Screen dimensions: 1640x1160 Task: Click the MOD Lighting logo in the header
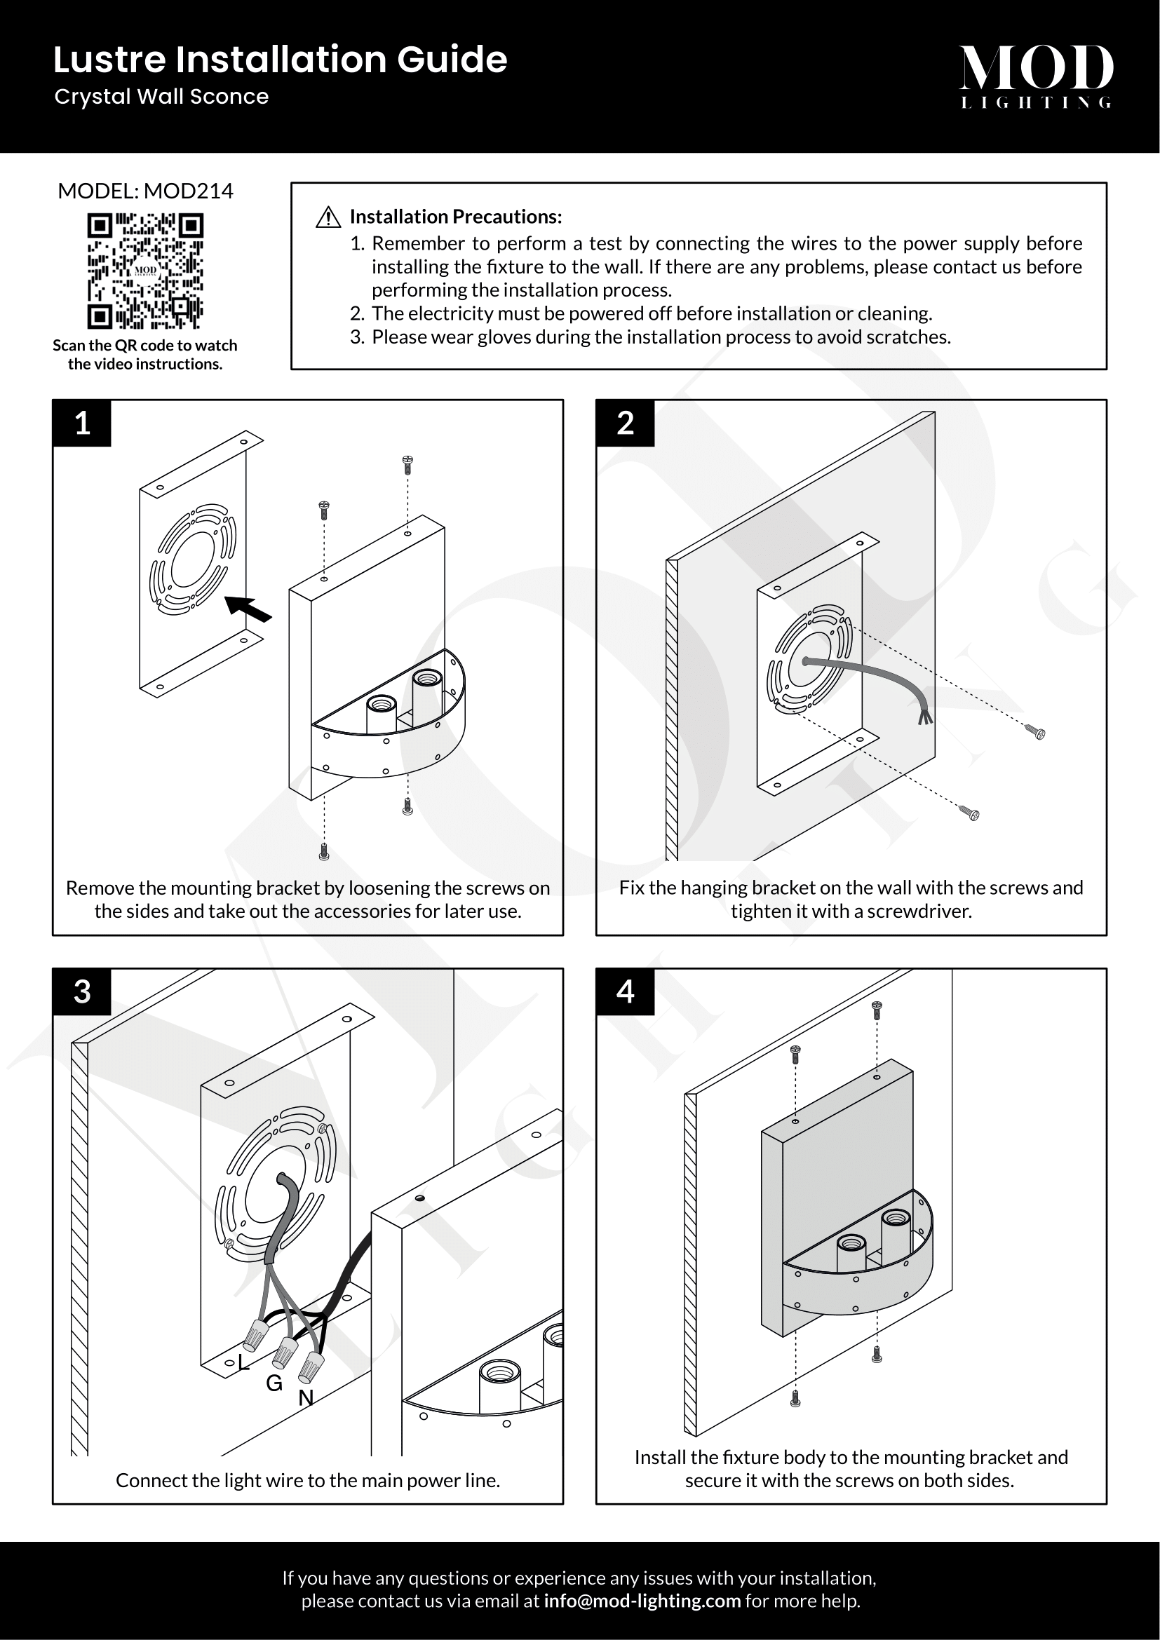tap(1036, 76)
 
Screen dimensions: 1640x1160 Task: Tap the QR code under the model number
tap(145, 271)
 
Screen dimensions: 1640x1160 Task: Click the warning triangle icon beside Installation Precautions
tap(328, 217)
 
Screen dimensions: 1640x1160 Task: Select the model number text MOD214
tap(188, 191)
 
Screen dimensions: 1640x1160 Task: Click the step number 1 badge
tap(82, 423)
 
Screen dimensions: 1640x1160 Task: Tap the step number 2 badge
tap(625, 423)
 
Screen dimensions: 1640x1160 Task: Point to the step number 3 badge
tap(82, 991)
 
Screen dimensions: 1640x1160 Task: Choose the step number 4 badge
tap(625, 991)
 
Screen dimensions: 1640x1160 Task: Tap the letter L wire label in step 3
tap(243, 1363)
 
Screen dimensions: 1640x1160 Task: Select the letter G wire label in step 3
tap(274, 1383)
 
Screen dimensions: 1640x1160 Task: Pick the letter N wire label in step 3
tap(306, 1399)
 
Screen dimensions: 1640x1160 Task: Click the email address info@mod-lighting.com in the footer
tap(642, 1601)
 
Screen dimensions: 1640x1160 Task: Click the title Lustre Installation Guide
tap(280, 60)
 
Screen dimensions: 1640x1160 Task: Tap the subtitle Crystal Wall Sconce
tap(161, 97)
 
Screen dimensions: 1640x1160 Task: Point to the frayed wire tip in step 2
tap(925, 717)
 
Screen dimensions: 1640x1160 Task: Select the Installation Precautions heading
tap(456, 217)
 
